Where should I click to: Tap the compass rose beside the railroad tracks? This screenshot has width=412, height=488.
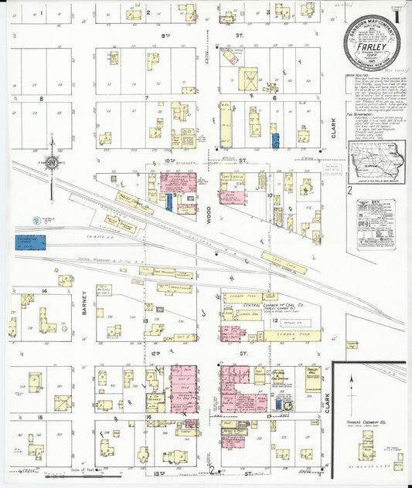(x=51, y=163)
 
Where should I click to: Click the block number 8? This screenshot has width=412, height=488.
(x=41, y=99)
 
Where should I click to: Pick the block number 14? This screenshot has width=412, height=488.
(x=45, y=290)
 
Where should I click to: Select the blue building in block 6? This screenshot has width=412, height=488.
(x=275, y=141)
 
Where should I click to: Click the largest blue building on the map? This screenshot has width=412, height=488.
(x=30, y=242)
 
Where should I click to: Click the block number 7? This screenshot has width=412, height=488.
(x=146, y=99)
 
